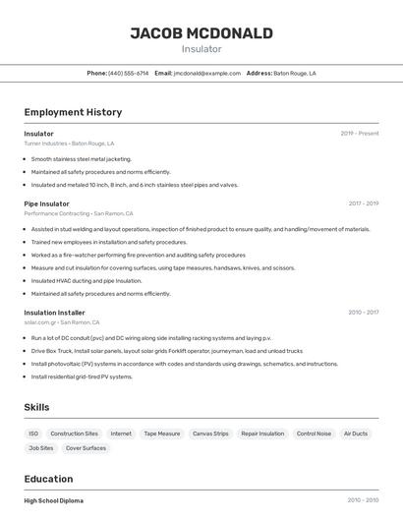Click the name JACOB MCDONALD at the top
[201, 33]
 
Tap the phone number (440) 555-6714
[129, 73]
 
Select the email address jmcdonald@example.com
[207, 73]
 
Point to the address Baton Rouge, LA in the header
[295, 73]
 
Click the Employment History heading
[73, 112]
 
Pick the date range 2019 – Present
[360, 134]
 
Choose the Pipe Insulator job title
[47, 203]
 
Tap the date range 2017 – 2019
[364, 203]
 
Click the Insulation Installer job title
[55, 313]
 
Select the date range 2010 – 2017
[364, 313]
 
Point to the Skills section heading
[37, 407]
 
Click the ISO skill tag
[33, 434]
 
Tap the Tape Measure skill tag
[162, 434]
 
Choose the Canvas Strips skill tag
[210, 434]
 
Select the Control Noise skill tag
[314, 434]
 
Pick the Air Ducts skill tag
[356, 434]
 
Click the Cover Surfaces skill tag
[86, 448]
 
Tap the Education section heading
[49, 479]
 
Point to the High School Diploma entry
[54, 500]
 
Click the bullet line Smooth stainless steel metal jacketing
[81, 158]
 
